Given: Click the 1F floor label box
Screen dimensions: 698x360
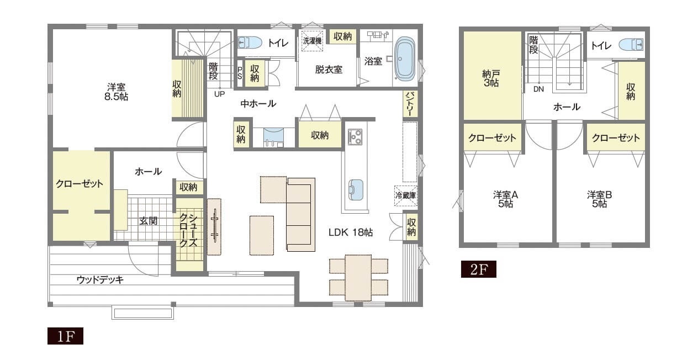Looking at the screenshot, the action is pos(65,336).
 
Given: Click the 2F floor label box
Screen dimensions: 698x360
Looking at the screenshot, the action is pos(478,269).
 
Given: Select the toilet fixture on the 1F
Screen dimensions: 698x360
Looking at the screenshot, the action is pos(250,43).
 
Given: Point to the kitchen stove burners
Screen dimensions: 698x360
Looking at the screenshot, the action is pos(355,137).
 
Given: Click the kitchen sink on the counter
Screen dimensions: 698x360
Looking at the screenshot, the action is pos(355,190).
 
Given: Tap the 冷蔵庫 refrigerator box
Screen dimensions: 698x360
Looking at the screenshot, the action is pos(406,196).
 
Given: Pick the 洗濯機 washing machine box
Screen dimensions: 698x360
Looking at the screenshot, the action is pos(312,40).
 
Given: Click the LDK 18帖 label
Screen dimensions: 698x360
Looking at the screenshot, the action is pos(351,232).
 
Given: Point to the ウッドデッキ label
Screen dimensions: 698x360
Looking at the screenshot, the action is pos(100,279).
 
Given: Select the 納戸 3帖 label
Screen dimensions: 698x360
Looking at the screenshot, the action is pos(491,78).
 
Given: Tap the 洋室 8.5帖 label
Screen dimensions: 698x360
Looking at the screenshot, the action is pos(116,92).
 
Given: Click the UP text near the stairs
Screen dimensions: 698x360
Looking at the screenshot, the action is pos(219,94).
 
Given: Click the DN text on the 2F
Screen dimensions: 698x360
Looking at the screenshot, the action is pos(538,89).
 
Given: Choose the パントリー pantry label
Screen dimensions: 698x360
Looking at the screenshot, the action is pos(410,104).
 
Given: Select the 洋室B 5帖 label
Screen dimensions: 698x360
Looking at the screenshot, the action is pos(600,199).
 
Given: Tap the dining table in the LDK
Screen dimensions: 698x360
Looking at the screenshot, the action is pos(358,278).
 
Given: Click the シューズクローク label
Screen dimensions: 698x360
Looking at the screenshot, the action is pos(188,230).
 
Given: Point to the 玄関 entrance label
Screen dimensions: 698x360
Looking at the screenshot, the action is pos(148,221).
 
